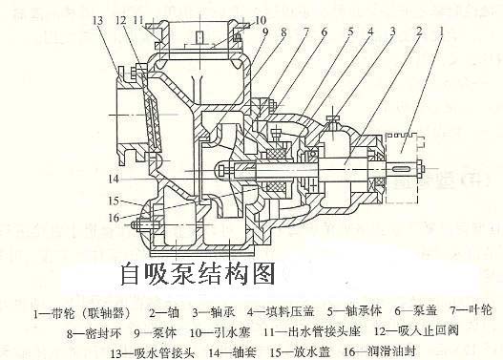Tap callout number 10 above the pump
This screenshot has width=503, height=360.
[235, 19]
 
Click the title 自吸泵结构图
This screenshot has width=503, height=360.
[197, 274]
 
